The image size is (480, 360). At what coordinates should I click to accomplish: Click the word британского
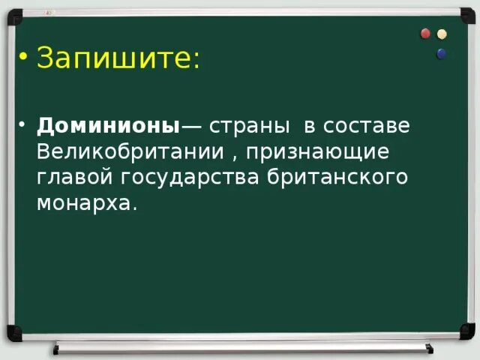tap(343, 178)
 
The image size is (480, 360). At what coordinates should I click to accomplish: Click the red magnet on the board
tap(426, 34)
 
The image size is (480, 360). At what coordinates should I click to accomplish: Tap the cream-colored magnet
tap(442, 34)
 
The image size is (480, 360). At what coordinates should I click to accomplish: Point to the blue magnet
tap(441, 53)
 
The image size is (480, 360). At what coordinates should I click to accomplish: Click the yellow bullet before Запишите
tap(24, 58)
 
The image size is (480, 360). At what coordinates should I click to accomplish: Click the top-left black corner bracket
tap(14, 15)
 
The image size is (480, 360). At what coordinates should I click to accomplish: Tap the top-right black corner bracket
tap(466, 15)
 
